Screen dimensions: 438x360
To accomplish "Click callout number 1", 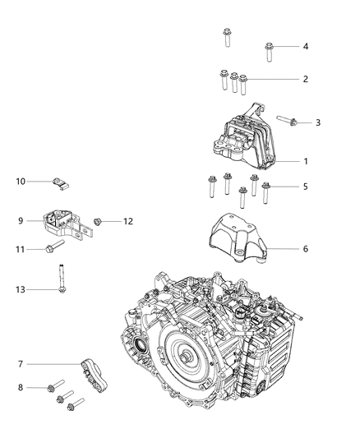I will (x=306, y=162).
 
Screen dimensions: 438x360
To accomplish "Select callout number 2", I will (x=306, y=80).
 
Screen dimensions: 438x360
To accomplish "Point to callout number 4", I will (x=306, y=47).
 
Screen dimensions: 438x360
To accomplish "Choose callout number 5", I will (x=306, y=187).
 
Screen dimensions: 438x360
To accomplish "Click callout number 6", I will (x=306, y=247).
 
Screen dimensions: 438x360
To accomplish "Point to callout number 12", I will (x=128, y=220).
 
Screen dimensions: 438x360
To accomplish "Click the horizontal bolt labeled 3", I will (x=288, y=122).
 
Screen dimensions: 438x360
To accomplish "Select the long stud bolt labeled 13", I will (x=62, y=278).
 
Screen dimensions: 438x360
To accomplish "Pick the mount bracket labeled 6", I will (x=237, y=241).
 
